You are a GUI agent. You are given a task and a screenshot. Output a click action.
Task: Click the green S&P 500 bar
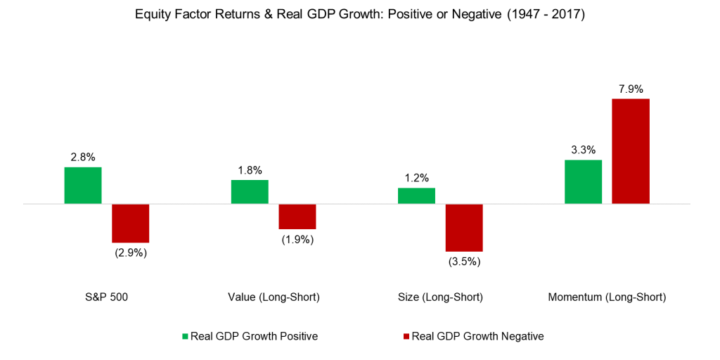[83, 186]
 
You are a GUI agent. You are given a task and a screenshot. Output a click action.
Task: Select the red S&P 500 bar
[131, 223]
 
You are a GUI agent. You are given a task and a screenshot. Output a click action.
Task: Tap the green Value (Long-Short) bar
[250, 192]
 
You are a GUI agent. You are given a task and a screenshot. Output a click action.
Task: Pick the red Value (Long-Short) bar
[297, 217]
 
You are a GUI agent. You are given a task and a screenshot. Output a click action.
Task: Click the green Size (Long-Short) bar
[416, 196]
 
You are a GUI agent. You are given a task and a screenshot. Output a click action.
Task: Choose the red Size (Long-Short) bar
[464, 228]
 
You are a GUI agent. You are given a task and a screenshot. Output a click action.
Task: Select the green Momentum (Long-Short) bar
[584, 182]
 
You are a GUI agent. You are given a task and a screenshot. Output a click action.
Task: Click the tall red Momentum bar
[631, 151]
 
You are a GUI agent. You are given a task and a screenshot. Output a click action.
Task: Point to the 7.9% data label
[631, 89]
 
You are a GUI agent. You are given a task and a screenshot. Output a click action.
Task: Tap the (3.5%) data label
[464, 262]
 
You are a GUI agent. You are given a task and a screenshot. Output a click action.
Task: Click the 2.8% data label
[83, 157]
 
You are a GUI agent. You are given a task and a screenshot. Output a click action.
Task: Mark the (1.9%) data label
[297, 240]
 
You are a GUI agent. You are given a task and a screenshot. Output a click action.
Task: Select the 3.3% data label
[584, 150]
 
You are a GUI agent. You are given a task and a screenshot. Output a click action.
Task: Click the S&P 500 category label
[106, 297]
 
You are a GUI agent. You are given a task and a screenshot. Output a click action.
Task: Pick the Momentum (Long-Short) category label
[607, 297]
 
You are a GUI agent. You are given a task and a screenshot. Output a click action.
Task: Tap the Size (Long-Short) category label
[440, 297]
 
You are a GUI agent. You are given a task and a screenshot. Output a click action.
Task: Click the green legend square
[185, 337]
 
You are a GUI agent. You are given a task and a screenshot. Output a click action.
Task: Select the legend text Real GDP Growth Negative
[477, 337]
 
